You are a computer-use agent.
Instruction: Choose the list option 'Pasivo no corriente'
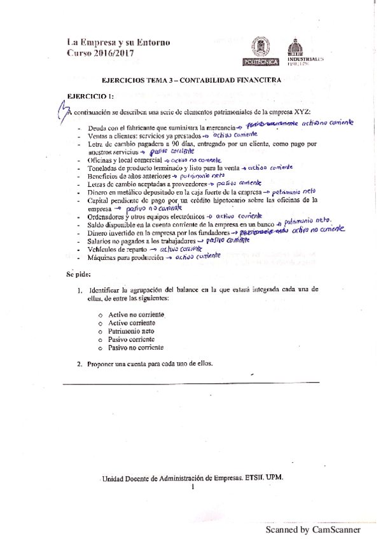pyautogui.click(x=137, y=348)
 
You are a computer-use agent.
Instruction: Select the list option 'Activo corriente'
pyautogui.click(x=133, y=323)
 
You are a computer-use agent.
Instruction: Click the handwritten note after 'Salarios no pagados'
pyautogui.click(x=230, y=242)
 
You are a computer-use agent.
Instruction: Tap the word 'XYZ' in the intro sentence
pyautogui.click(x=301, y=111)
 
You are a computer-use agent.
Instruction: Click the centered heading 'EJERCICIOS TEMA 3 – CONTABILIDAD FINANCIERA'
pyautogui.click(x=191, y=81)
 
